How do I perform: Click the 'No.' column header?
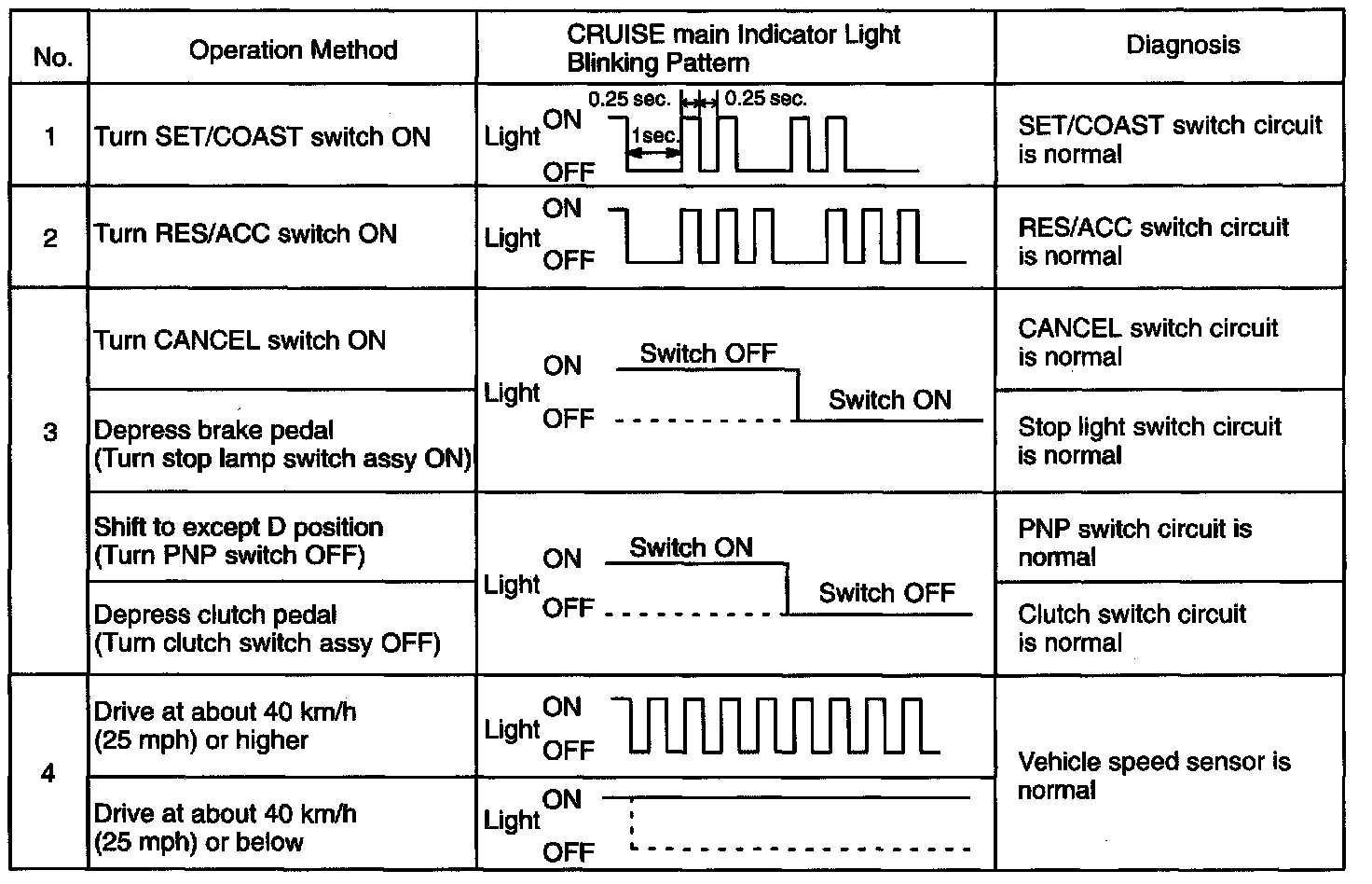click(x=52, y=58)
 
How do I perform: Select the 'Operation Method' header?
click(x=293, y=50)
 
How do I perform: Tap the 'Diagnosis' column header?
click(x=1183, y=45)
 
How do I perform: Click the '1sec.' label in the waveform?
click(x=655, y=136)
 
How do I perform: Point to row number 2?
click(x=50, y=239)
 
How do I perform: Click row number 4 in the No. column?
click(x=49, y=774)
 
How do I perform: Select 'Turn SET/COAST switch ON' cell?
click(x=262, y=137)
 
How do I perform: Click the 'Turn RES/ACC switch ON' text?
click(x=245, y=233)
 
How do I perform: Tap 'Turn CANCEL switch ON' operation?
click(x=240, y=339)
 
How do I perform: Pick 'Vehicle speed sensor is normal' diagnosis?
click(x=1154, y=776)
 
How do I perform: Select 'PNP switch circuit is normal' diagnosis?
click(x=1134, y=543)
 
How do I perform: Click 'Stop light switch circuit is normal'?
click(x=1149, y=441)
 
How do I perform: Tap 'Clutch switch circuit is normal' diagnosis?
click(x=1132, y=628)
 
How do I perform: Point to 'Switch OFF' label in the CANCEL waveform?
click(x=707, y=353)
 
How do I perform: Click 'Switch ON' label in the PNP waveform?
click(x=691, y=547)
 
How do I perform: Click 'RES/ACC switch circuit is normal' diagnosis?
click(x=1153, y=241)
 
